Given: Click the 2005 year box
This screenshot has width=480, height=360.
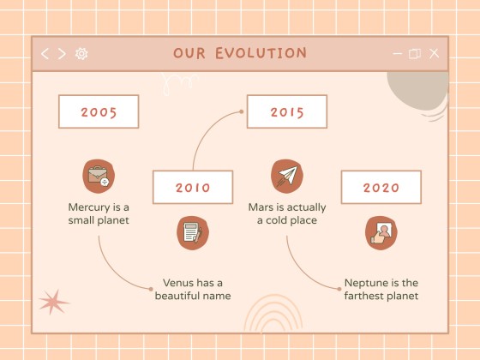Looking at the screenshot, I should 99,111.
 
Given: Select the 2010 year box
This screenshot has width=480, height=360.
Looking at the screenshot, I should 192,187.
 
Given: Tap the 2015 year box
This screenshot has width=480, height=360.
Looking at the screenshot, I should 286,111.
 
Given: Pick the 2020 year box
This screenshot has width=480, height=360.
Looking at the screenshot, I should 381,187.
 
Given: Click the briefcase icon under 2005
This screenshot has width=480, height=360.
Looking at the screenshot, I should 99,176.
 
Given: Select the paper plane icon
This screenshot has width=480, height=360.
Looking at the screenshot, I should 287,176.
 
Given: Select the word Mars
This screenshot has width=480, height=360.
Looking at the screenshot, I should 261,207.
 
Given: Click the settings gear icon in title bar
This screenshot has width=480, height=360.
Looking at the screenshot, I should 81,53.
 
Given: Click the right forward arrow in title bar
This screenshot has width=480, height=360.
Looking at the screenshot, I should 62,53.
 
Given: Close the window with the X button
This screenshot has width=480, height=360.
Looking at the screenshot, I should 434,53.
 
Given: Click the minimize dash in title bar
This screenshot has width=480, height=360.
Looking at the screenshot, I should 397,53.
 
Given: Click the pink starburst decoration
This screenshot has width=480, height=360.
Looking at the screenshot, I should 53,302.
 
